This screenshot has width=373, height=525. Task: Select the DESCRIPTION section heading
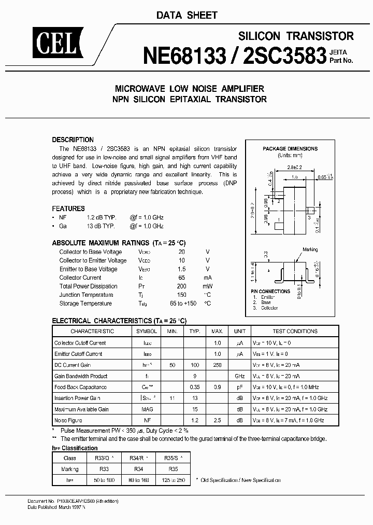[x=73, y=140]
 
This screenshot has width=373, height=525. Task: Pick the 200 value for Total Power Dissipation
[x=181, y=286]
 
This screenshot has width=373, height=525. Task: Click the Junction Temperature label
[x=85, y=295]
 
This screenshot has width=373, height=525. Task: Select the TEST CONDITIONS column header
[x=295, y=331]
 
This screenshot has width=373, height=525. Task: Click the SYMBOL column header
[x=147, y=331]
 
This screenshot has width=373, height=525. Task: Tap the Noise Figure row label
[x=68, y=420]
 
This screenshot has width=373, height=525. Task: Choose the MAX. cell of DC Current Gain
[x=217, y=365]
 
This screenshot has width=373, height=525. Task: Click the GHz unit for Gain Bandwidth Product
[x=239, y=376]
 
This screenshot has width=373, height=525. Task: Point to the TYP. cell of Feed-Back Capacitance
[x=195, y=387]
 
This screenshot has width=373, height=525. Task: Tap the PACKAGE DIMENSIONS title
[x=290, y=149]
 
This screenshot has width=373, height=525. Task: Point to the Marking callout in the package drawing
[x=310, y=250]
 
